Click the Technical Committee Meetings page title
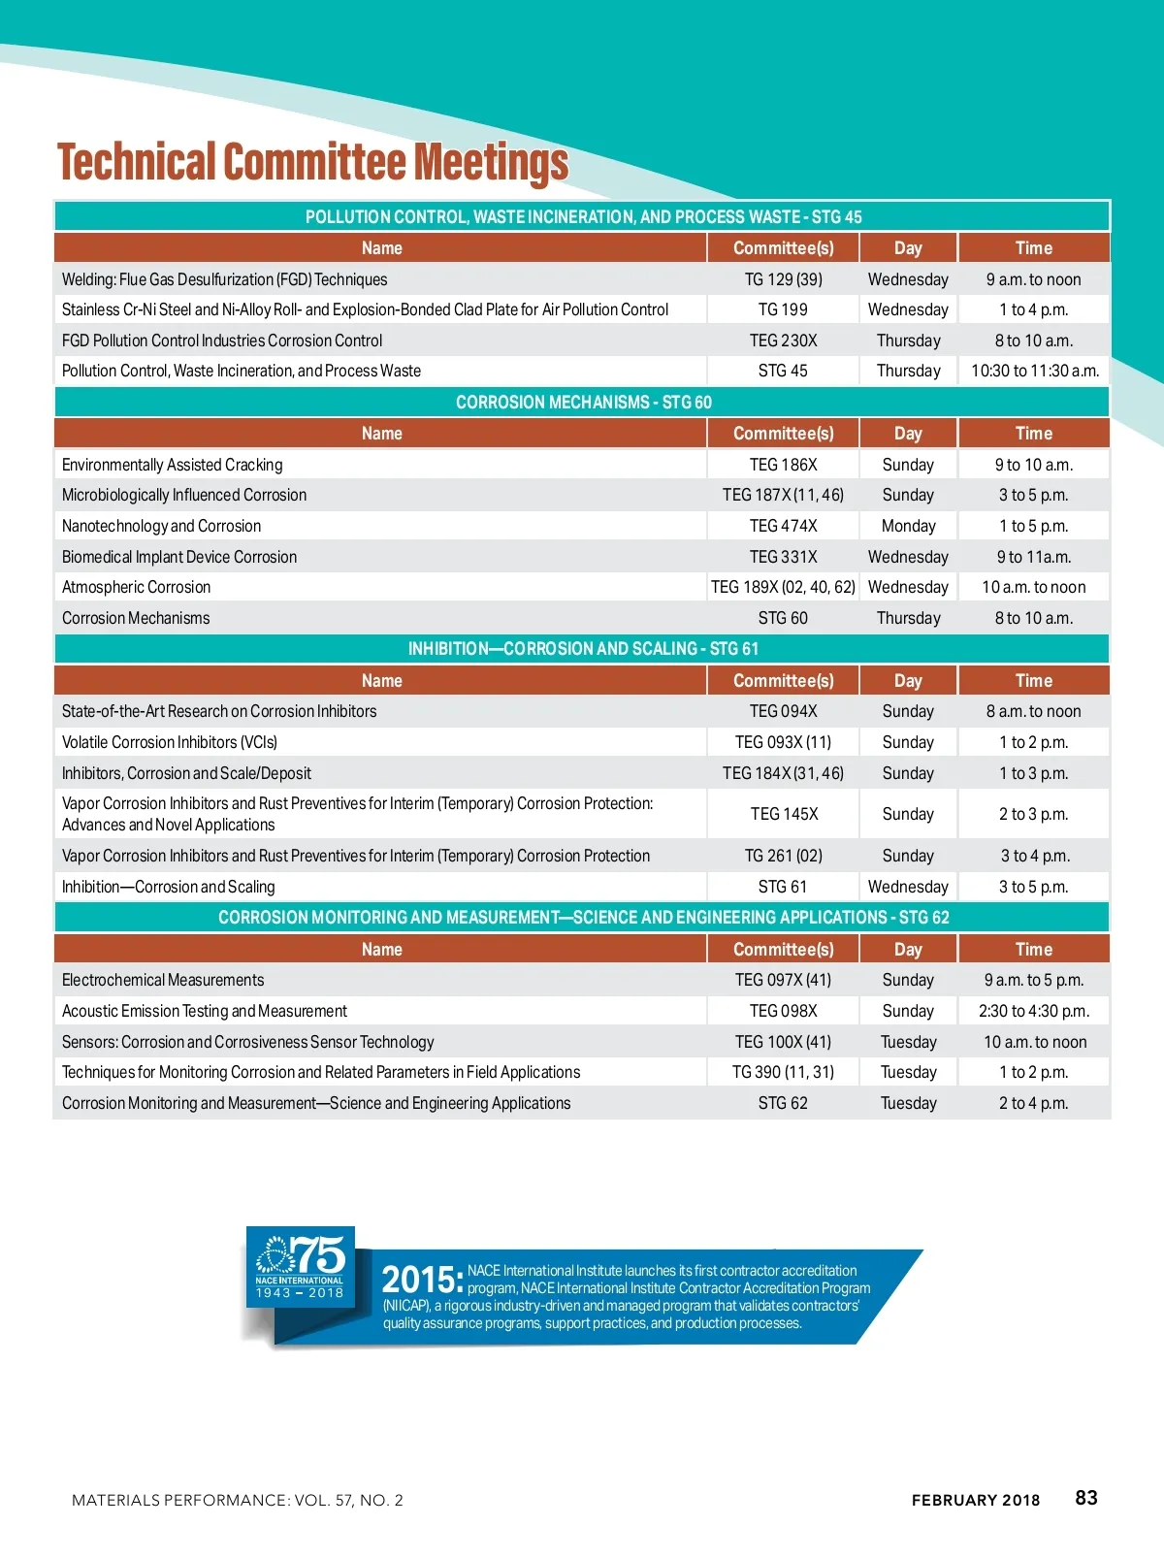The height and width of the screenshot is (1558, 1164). click(x=312, y=162)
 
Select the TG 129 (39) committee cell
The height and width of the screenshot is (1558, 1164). click(x=783, y=279)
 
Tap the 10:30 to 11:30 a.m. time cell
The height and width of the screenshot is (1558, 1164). click(x=1034, y=371)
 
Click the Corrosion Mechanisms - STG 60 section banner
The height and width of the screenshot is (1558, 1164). click(x=583, y=402)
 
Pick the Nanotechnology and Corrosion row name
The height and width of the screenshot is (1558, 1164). click(x=161, y=526)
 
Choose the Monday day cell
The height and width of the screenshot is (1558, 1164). click(x=908, y=526)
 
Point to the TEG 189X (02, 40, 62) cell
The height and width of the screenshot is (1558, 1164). click(x=783, y=587)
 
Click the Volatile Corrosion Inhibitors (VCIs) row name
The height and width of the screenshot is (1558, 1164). click(x=170, y=742)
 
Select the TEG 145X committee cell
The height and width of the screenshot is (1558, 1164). click(x=783, y=814)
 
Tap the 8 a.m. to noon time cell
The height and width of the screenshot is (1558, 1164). click(x=1034, y=711)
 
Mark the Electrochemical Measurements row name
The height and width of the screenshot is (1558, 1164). click(x=163, y=980)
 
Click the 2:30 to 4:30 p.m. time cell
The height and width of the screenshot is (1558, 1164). click(x=1034, y=1011)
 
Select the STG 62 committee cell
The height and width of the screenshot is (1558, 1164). click(x=783, y=1103)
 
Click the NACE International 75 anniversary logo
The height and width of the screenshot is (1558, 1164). click(x=300, y=1266)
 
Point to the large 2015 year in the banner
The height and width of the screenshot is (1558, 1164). click(x=421, y=1281)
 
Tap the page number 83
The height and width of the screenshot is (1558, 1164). click(x=1086, y=1498)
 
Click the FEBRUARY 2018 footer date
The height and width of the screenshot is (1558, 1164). click(x=975, y=1500)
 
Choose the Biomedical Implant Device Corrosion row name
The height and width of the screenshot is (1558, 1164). click(x=179, y=557)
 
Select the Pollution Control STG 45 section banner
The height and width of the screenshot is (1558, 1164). click(x=583, y=216)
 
